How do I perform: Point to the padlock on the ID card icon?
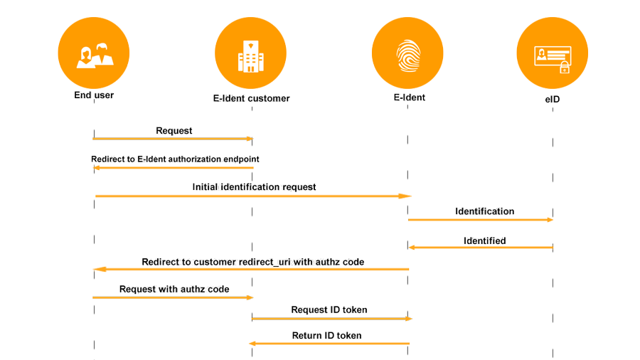(x=565, y=68)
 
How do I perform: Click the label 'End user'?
(x=94, y=95)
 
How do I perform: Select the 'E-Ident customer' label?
(x=252, y=98)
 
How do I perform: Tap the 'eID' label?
(x=553, y=99)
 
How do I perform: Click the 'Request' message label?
(x=174, y=131)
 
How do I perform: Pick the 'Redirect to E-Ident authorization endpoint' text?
(x=175, y=159)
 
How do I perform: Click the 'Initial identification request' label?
(x=254, y=187)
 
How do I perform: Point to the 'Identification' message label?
(x=484, y=211)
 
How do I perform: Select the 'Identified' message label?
(x=484, y=240)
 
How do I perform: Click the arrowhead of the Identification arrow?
(x=550, y=220)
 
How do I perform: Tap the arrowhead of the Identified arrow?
(x=412, y=248)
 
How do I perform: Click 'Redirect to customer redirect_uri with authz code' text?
(x=253, y=262)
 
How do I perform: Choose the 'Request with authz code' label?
(x=174, y=289)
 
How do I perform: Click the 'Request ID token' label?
(x=329, y=309)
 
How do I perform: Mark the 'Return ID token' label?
(x=326, y=336)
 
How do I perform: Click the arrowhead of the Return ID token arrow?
(x=252, y=344)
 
